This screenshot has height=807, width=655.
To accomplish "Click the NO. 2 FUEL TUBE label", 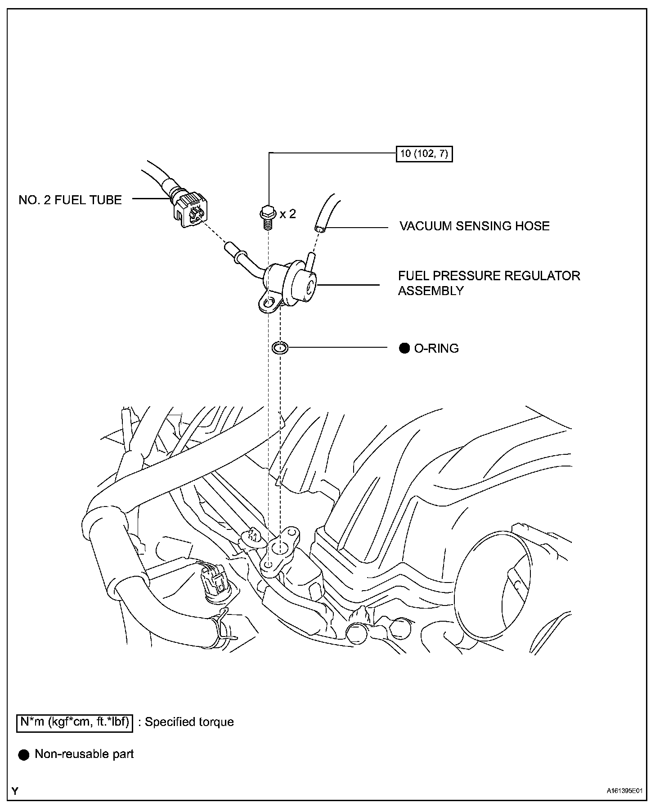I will point(70,200).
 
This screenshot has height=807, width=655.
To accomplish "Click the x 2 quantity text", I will point(288,214).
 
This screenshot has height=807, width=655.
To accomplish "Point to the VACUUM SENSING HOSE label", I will point(475,226).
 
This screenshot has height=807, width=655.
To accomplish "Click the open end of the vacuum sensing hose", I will point(320,229).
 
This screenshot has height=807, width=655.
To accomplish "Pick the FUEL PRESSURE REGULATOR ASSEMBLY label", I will point(489,283).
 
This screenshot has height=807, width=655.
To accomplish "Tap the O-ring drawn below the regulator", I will point(280,348).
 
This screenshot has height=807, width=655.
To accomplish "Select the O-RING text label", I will point(436,348).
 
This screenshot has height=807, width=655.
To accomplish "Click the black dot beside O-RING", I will point(404,348).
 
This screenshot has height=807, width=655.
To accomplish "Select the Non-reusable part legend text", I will point(84,754).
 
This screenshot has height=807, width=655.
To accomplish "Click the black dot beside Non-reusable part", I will point(23,755).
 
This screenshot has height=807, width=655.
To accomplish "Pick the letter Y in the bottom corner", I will point(15,791).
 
